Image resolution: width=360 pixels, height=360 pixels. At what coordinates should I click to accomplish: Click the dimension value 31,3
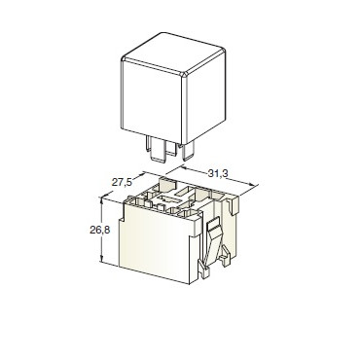(x=218, y=173)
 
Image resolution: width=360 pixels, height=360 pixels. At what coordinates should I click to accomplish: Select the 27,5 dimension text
(x=122, y=182)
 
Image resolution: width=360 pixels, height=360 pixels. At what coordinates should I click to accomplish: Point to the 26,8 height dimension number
(x=100, y=230)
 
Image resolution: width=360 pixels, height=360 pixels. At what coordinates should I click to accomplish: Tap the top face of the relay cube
(x=174, y=54)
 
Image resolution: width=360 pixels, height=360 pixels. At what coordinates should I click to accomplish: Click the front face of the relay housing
(x=152, y=101)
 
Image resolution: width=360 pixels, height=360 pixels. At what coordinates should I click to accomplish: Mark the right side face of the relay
(x=205, y=97)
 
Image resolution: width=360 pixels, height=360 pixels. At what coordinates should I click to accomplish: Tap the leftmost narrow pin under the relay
(x=149, y=143)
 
